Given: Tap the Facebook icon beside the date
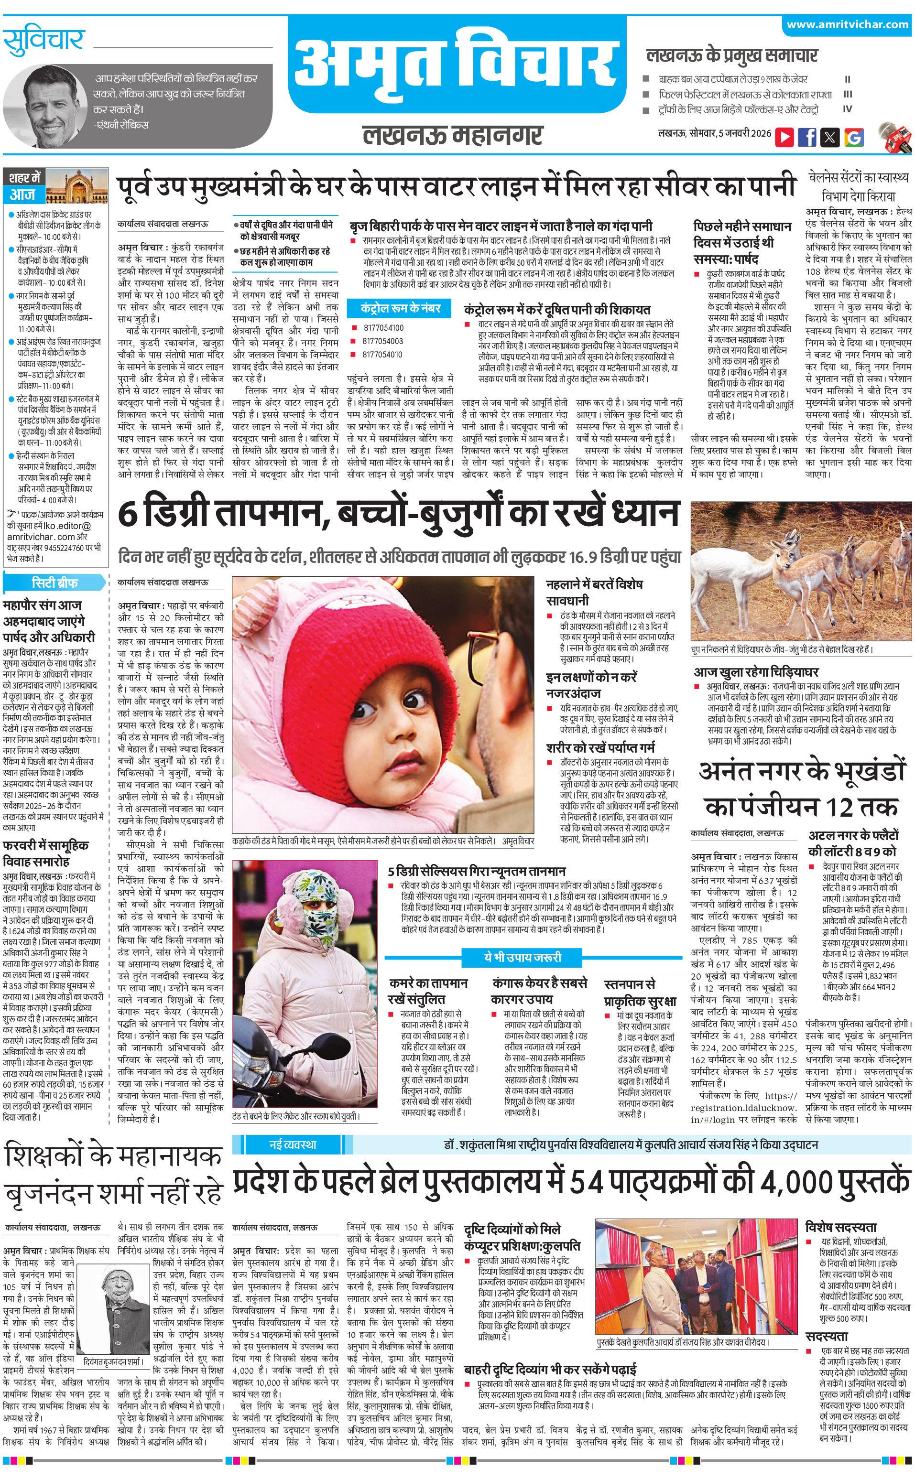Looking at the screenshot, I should click(806, 137).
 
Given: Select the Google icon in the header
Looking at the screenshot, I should click(853, 137).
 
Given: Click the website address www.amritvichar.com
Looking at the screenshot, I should click(847, 25).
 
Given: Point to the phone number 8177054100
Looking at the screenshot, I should click(384, 328).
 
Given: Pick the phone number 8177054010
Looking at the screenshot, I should click(384, 355).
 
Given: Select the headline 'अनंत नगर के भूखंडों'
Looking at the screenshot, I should click(802, 771).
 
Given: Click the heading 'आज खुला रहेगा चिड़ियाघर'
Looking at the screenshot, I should click(756, 671).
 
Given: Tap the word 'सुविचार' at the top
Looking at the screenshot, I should click(44, 41).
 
